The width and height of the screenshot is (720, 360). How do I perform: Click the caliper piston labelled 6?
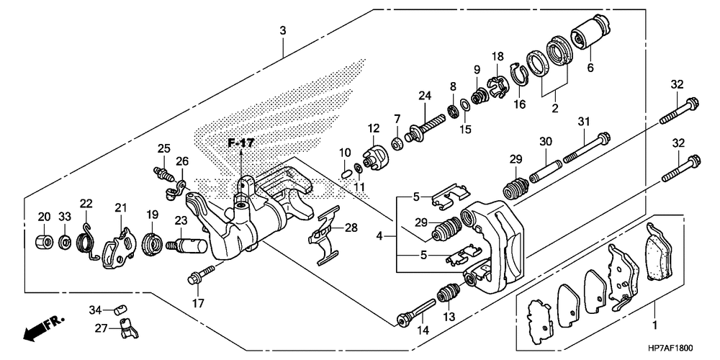[590, 31]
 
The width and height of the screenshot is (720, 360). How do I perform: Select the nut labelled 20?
[44, 240]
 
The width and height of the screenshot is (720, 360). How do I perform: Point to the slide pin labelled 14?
[416, 312]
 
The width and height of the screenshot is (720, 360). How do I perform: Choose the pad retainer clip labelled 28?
[325, 235]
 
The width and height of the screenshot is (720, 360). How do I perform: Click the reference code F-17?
[241, 143]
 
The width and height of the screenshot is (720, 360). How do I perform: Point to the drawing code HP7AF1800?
[671, 348]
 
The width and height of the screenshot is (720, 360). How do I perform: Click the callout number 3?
[283, 31]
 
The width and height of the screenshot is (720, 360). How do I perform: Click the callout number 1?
[654, 325]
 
